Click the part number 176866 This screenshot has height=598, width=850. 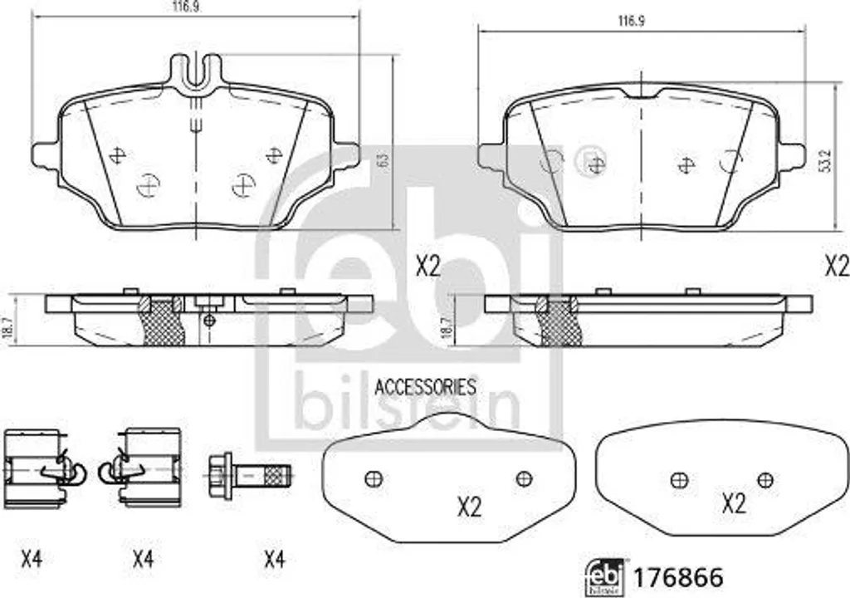point(678,577)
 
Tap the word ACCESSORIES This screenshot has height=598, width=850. point(426,387)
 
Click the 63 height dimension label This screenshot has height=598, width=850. point(385,160)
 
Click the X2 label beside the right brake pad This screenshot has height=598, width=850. point(837,267)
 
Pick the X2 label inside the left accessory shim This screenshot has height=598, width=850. point(470,507)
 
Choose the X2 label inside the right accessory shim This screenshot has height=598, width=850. point(734,504)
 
